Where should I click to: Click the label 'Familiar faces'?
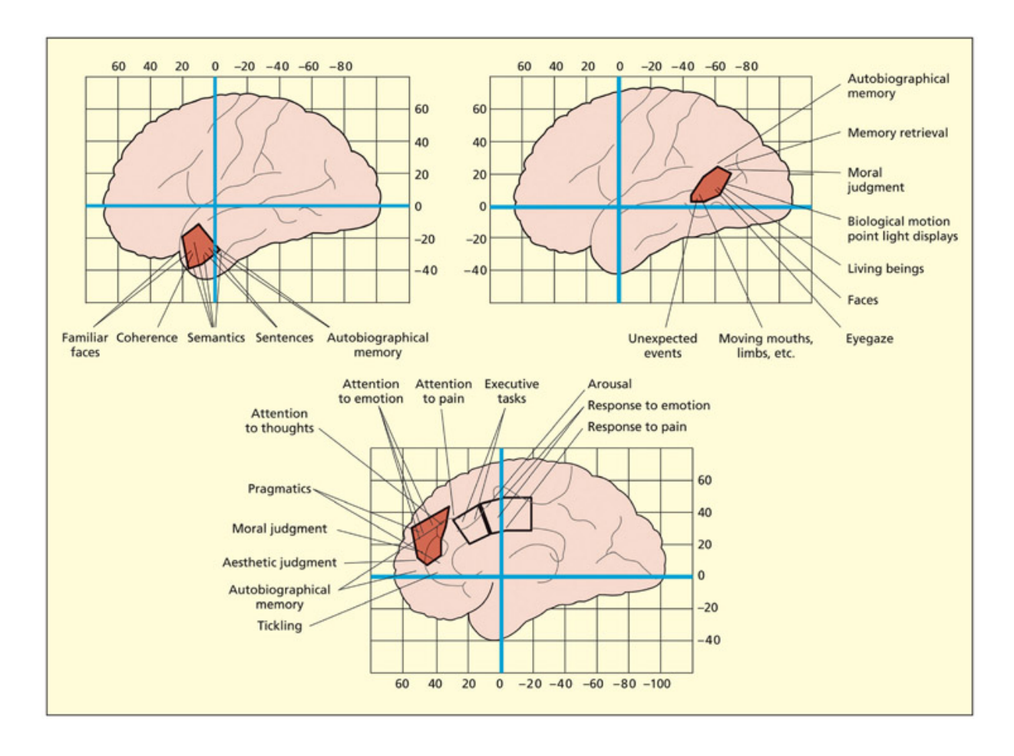(x=84, y=345)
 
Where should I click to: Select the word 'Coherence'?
(x=147, y=338)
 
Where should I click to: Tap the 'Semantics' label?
(x=216, y=338)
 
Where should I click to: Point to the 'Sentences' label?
(x=284, y=338)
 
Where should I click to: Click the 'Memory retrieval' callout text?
(x=897, y=133)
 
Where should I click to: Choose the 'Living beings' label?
(x=885, y=269)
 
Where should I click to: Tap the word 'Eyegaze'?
(x=869, y=338)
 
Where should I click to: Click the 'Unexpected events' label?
(x=662, y=345)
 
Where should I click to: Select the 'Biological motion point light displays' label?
(x=902, y=229)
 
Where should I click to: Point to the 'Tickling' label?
(x=279, y=626)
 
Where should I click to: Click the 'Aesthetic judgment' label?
(x=279, y=563)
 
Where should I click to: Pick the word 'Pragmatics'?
(x=279, y=489)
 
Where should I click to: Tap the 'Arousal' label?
(x=609, y=384)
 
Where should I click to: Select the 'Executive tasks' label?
(x=511, y=391)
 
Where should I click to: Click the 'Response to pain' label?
(x=636, y=427)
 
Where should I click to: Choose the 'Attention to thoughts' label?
(x=279, y=421)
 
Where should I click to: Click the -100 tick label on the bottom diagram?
(x=656, y=683)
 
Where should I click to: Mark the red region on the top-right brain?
(x=710, y=185)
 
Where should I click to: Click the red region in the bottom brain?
(x=430, y=536)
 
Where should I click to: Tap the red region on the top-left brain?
(x=199, y=246)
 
